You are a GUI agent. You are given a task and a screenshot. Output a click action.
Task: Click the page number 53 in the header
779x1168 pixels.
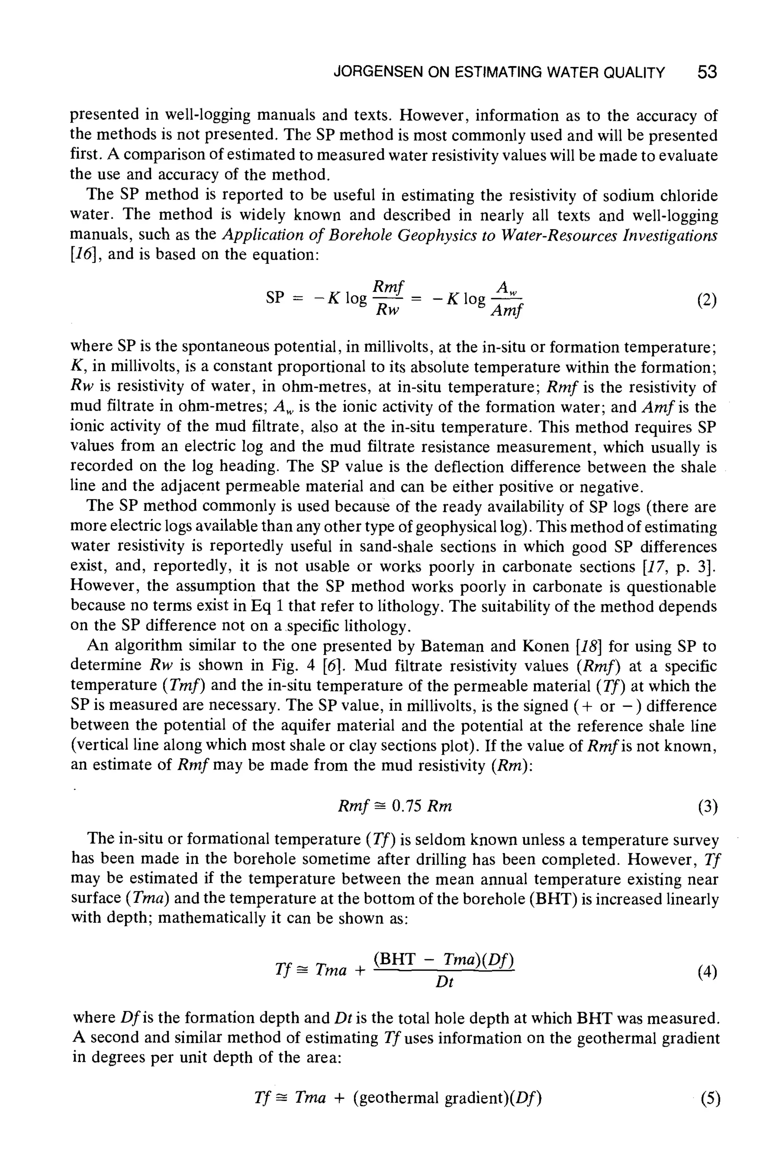click(707, 73)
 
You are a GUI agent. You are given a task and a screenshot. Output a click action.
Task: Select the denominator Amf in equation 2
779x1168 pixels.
click(506, 312)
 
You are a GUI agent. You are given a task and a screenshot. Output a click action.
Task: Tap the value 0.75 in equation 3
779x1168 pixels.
click(406, 806)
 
